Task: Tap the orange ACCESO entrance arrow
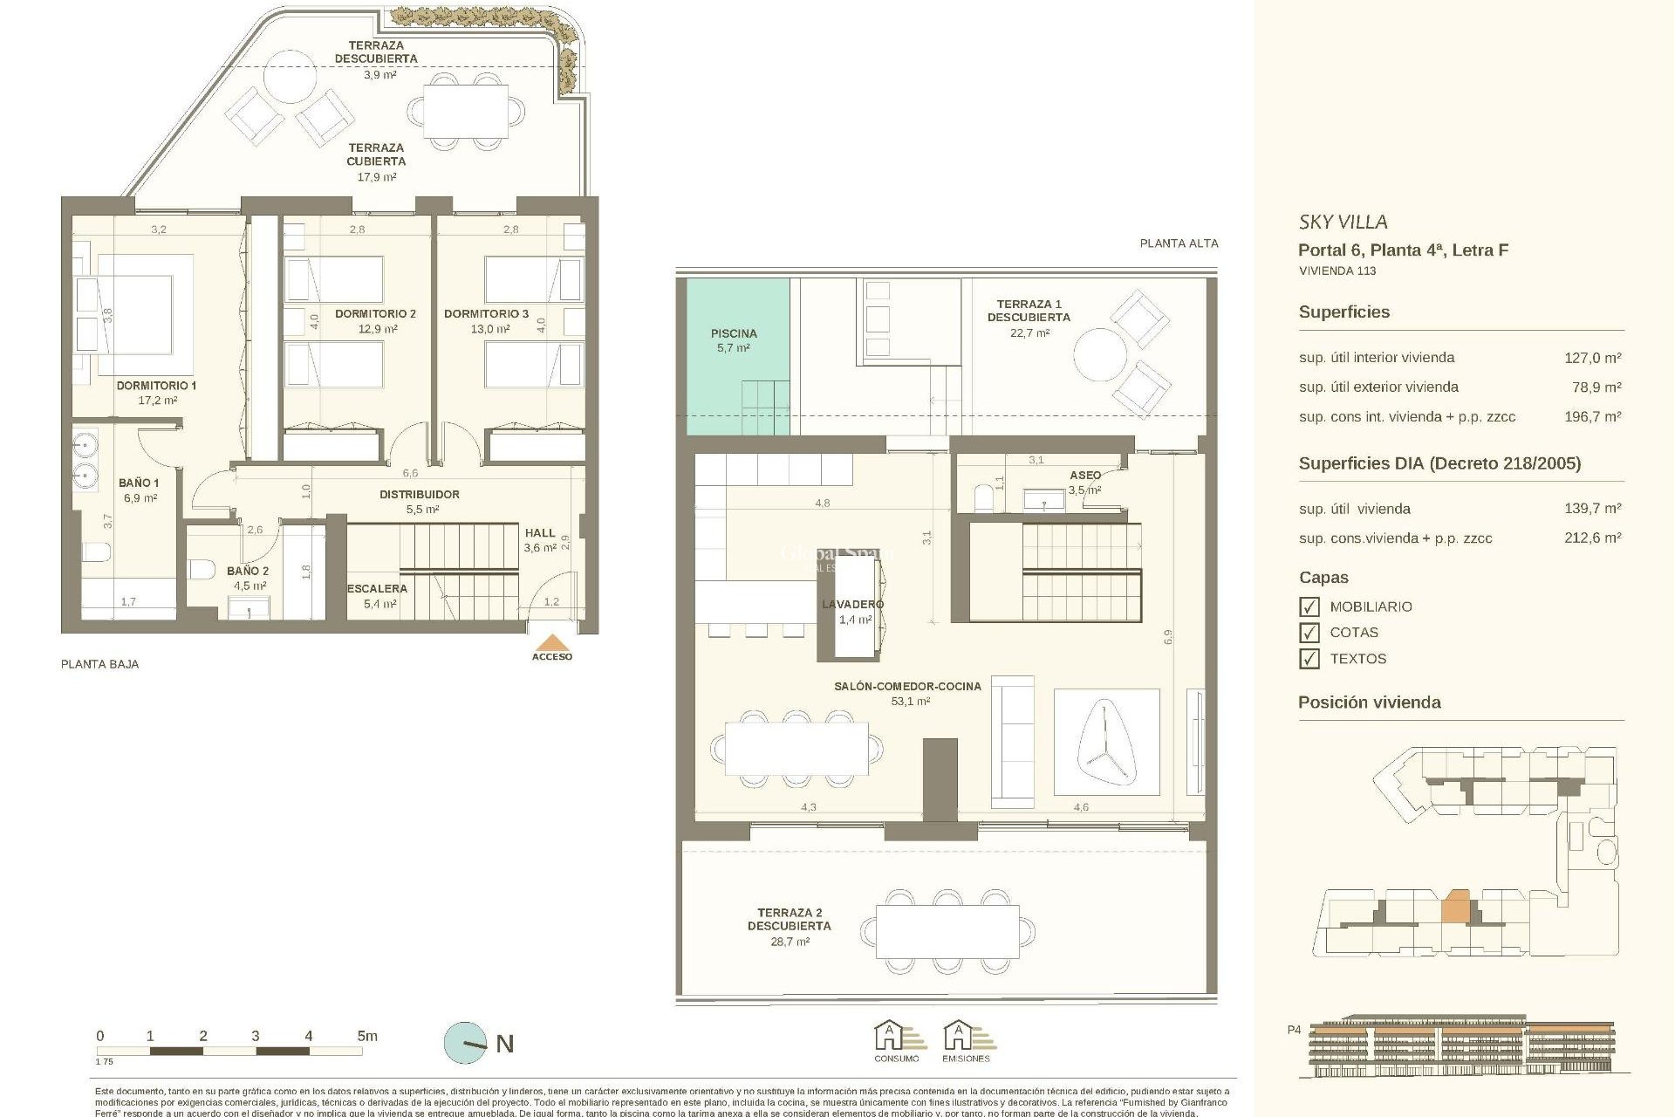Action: point(552,644)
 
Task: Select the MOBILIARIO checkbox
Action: point(1309,606)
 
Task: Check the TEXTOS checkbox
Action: point(1309,659)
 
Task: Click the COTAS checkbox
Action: point(1309,633)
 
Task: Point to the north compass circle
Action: point(466,1043)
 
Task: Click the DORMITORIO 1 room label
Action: point(157,385)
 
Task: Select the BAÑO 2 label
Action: point(248,571)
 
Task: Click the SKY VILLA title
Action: point(1343,222)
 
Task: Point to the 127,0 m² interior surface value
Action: point(1592,358)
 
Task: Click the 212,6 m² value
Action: point(1592,538)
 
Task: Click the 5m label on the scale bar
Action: point(367,1036)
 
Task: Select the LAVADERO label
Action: point(852,604)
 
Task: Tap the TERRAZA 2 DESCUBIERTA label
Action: point(789,919)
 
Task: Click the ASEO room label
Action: point(1085,475)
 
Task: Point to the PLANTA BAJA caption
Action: point(99,664)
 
